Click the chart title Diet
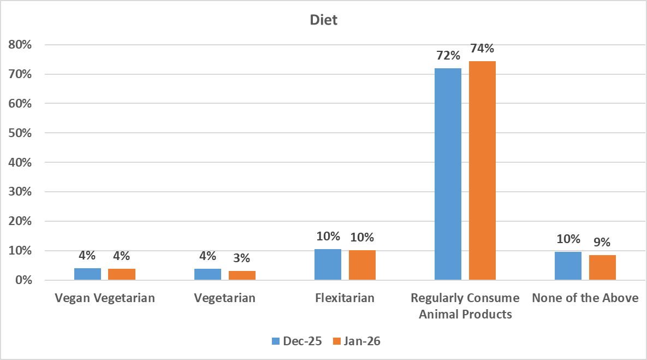(x=323, y=21)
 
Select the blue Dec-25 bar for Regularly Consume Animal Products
(x=448, y=174)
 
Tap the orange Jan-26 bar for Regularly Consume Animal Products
(x=482, y=170)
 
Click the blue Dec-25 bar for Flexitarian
(x=328, y=265)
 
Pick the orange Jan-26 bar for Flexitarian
(x=362, y=265)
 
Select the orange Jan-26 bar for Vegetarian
(x=242, y=275)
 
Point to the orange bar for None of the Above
(x=602, y=268)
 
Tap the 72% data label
(x=448, y=56)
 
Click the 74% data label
(x=482, y=49)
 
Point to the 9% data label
(x=602, y=242)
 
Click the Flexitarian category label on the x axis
(x=345, y=298)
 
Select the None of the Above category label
(x=585, y=298)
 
